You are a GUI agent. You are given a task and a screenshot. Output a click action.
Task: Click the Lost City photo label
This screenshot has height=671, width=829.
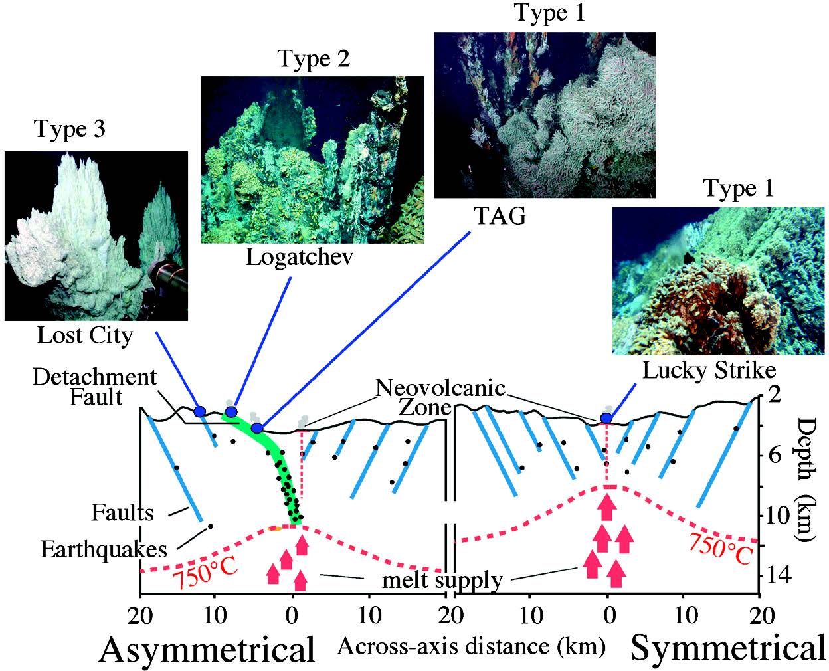click(84, 335)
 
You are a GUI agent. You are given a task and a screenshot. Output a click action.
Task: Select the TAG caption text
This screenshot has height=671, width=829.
click(500, 215)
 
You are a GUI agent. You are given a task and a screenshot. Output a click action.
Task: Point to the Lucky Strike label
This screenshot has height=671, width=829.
click(708, 369)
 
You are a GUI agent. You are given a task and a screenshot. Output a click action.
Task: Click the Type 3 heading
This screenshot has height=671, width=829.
click(69, 129)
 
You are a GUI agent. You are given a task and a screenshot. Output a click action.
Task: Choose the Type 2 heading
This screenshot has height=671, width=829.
click(314, 59)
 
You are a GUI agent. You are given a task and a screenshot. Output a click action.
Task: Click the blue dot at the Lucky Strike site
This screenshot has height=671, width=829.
click(606, 418)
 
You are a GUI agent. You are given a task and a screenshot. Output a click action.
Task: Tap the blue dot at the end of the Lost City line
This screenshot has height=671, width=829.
click(199, 410)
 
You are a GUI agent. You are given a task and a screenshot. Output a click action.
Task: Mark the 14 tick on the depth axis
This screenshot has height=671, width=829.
click(773, 575)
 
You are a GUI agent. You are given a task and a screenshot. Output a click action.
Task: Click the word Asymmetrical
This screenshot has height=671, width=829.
click(207, 649)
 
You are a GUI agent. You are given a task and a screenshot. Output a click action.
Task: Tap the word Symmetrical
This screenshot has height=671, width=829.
click(727, 648)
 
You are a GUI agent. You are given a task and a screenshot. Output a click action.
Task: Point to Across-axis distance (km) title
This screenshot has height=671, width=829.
click(471, 646)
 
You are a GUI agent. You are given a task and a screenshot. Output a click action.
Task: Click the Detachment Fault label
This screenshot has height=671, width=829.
click(95, 387)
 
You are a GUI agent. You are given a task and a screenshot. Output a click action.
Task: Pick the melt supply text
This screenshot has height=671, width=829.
click(442, 580)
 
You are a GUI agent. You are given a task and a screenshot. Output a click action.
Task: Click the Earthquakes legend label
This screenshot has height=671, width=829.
click(104, 549)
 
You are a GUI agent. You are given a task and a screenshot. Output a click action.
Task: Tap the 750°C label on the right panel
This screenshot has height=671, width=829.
click(719, 547)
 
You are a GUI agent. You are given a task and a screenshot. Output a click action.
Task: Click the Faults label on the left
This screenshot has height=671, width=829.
click(122, 512)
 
